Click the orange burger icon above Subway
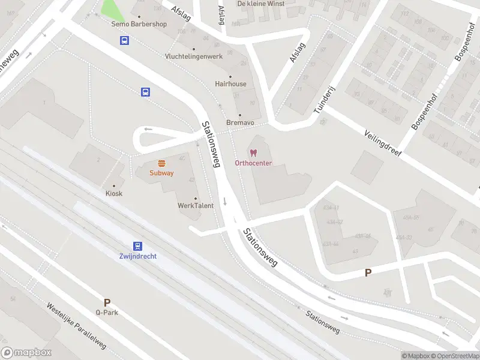pos(161,163)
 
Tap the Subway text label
pos(162,173)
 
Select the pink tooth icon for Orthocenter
pos(253,153)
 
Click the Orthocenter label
pos(253,163)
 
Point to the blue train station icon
pos(138,246)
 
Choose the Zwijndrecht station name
pos(138,256)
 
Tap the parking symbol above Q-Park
pos(107,303)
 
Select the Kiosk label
pos(114,193)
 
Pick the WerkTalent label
pos(196,206)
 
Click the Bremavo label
pos(240,122)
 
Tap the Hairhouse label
pos(230,84)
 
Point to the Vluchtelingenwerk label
pos(193,56)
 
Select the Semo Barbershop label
pos(139,24)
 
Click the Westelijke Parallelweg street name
pos(76,326)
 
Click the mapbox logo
pos(26,353)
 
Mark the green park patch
pos(109,8)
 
